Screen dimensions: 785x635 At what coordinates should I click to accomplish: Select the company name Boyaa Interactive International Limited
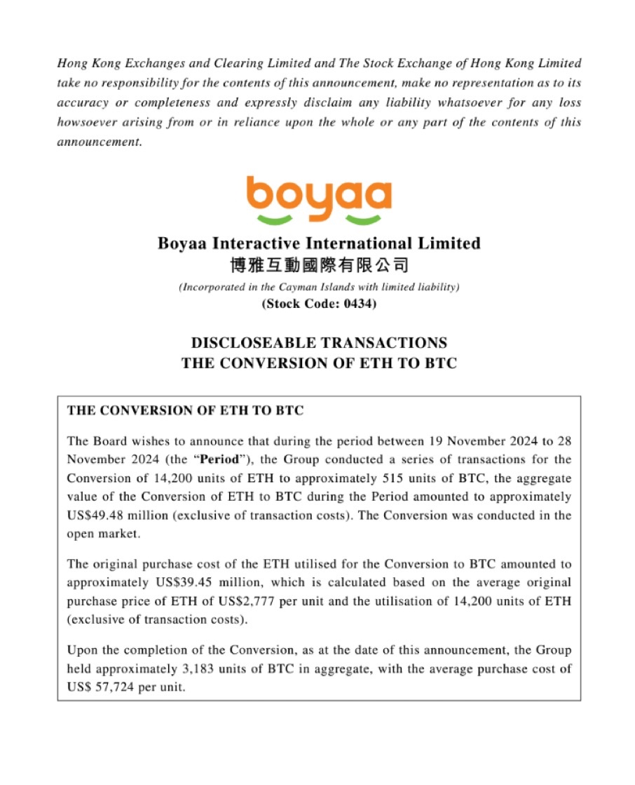(318, 243)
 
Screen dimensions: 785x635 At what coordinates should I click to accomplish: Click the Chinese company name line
(318, 266)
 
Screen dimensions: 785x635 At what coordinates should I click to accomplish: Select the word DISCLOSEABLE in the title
(255, 343)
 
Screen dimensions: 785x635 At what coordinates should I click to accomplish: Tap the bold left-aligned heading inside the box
(185, 411)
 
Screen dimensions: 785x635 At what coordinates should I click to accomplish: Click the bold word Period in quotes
(221, 460)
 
